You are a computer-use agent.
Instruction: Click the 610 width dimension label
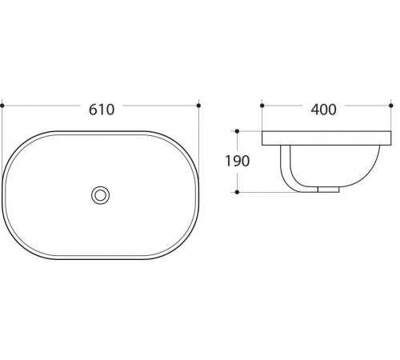tap(102, 110)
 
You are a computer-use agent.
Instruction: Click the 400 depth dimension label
tap(323, 110)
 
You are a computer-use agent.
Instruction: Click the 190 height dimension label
tap(238, 161)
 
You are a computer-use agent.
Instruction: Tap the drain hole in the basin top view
tap(100, 195)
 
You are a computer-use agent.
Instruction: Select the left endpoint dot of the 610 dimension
tap(2, 106)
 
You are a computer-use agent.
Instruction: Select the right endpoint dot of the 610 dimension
tap(198, 106)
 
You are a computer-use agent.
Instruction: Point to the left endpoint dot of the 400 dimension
tap(262, 106)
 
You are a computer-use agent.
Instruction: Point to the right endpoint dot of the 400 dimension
tap(391, 106)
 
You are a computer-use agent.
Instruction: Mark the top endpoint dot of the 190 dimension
tap(237, 131)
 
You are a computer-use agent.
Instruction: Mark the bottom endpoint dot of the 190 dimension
tap(237, 192)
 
